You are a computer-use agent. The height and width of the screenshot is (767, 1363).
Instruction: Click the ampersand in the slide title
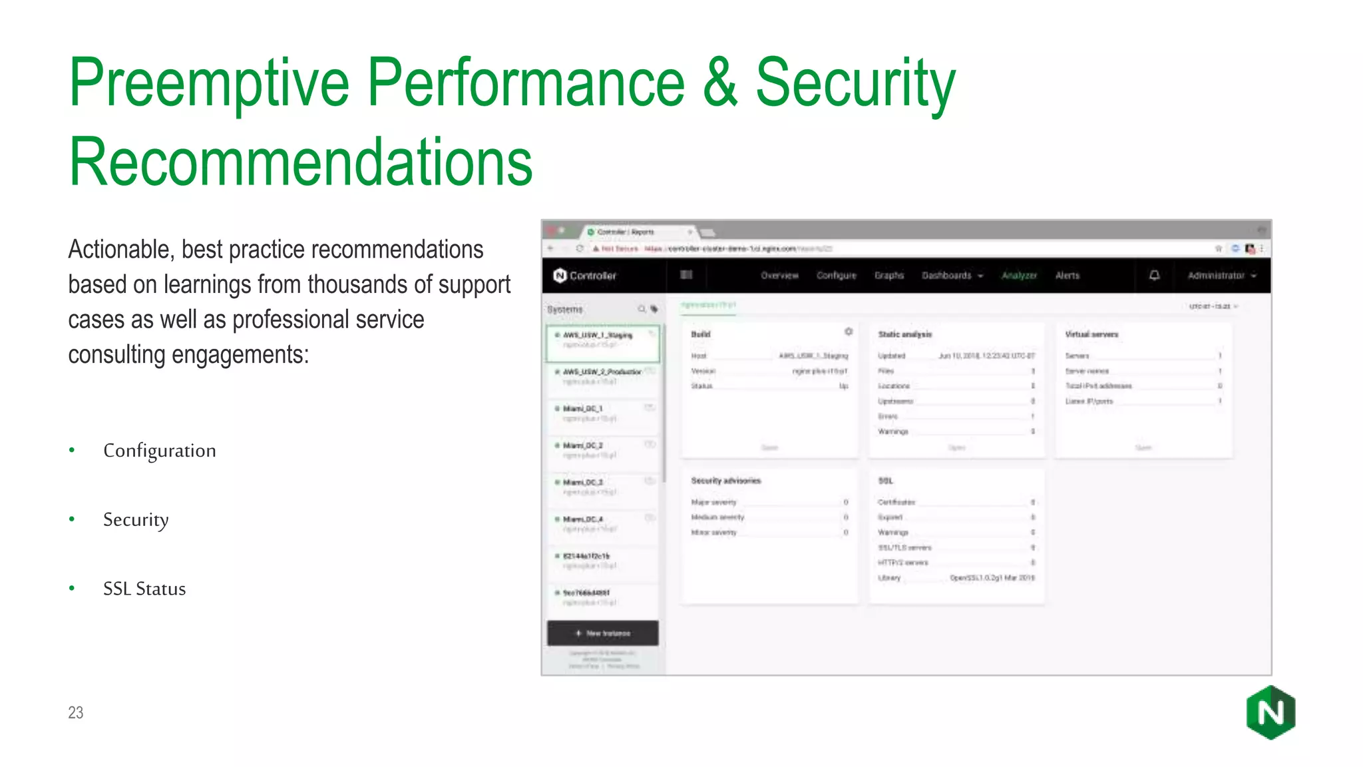point(719,83)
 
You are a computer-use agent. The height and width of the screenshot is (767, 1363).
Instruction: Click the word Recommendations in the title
point(301,162)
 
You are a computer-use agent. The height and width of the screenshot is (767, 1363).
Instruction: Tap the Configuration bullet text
point(160,451)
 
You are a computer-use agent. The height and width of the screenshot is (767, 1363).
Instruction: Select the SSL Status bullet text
point(144,589)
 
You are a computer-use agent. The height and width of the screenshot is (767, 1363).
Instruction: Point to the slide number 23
point(76,712)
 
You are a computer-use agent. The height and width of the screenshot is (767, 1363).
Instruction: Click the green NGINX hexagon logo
point(1270,712)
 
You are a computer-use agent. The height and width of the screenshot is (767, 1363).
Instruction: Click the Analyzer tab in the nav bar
point(1019,276)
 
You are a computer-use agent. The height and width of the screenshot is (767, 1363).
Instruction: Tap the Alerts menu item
point(1068,276)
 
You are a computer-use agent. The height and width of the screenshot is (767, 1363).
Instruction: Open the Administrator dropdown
point(1221,276)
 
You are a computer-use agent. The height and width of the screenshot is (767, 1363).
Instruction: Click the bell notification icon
point(1155,276)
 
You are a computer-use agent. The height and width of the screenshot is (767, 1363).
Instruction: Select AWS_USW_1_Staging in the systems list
point(598,336)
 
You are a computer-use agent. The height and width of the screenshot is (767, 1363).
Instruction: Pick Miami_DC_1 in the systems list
point(583,409)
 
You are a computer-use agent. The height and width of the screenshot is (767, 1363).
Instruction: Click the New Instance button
point(603,633)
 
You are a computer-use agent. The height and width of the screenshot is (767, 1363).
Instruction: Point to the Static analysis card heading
point(905,334)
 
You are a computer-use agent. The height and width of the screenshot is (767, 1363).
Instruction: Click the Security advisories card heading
point(725,481)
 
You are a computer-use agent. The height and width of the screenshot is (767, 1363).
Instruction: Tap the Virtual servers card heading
point(1091,334)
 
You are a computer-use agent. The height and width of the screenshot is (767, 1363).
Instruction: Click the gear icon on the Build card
point(849,332)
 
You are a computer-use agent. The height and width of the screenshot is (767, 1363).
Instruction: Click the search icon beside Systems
point(642,309)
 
